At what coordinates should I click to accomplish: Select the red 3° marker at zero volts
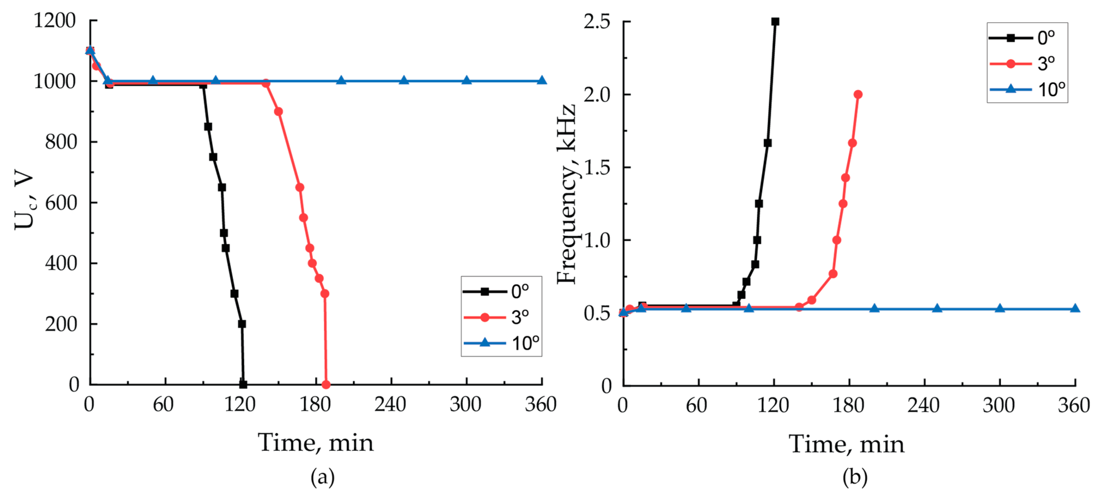(326, 385)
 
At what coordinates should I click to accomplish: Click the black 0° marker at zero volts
(243, 385)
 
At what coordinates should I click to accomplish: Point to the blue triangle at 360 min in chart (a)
(542, 80)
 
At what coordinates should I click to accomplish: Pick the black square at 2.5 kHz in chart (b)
(775, 21)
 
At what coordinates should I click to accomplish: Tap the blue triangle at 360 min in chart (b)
(1075, 308)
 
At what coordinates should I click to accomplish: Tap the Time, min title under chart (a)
(315, 443)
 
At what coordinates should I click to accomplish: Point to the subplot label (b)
(854, 477)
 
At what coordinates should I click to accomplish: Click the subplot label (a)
(322, 477)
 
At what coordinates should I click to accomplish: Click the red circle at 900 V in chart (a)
(278, 111)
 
